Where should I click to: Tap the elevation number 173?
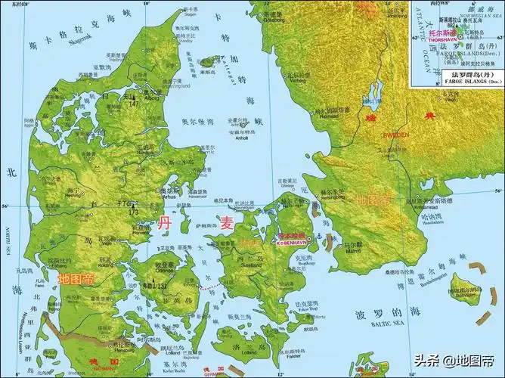tap(133, 212)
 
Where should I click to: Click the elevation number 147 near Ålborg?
tap(156, 102)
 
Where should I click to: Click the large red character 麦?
tap(228, 222)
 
